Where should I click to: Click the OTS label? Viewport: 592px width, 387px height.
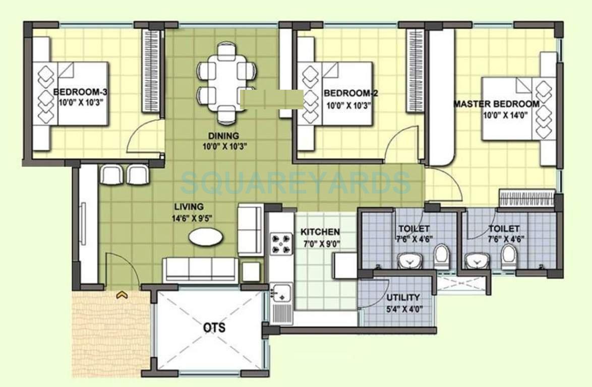tap(214, 328)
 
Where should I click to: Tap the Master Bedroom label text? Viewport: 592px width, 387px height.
tap(497, 104)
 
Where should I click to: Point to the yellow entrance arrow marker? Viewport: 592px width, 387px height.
tap(122, 295)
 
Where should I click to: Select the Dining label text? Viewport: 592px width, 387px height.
tap(223, 136)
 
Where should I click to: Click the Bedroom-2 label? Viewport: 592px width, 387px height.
tap(351, 93)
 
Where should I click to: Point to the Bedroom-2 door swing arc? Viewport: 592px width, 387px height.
tap(401, 144)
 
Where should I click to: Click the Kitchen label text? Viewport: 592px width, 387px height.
tap(320, 232)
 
